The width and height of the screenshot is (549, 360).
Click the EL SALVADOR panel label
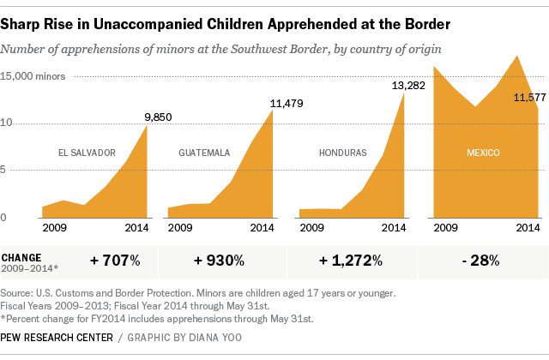tap(87, 153)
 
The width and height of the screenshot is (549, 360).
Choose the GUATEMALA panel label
tap(204, 153)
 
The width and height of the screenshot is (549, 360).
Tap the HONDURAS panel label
tap(343, 153)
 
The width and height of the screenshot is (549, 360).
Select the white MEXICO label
tap(483, 153)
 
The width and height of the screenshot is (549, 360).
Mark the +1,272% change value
tap(351, 260)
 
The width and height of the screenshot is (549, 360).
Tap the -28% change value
tap(480, 260)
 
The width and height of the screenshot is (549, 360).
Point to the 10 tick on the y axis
tap(7, 123)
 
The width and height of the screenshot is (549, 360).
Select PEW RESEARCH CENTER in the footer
tap(57, 338)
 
